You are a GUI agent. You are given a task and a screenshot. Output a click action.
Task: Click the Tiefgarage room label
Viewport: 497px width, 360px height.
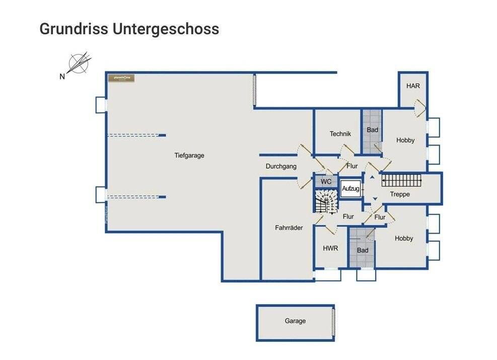coord(189,156)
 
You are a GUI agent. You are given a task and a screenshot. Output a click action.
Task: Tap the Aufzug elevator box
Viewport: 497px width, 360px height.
coord(350,189)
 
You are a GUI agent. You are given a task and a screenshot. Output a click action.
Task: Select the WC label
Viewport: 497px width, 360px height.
coord(326,181)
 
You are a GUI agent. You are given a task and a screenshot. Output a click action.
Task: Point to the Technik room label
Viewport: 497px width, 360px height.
coord(340,134)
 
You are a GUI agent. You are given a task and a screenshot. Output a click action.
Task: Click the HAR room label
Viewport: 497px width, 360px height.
coord(413,86)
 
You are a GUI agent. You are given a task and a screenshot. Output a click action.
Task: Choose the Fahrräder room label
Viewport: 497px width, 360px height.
coord(289,228)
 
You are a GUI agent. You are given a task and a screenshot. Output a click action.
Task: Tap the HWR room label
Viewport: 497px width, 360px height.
coord(330,249)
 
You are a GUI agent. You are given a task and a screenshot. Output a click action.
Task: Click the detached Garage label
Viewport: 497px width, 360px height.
coord(295,321)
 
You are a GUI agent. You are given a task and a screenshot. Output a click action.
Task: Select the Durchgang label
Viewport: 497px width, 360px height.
coord(281,167)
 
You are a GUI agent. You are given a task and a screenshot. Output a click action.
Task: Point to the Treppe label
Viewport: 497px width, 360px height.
coord(400,194)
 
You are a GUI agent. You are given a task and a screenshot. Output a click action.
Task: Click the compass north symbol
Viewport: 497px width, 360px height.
coord(79,64)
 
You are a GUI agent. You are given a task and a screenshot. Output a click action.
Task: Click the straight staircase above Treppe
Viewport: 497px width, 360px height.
coord(401,179)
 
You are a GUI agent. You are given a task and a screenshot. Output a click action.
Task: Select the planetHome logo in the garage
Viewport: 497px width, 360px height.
coord(121,78)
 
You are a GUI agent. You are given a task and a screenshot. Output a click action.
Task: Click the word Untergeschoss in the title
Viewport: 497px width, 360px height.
coord(166,29)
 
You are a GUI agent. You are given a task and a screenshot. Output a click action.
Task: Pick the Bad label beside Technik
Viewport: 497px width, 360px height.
coord(372,130)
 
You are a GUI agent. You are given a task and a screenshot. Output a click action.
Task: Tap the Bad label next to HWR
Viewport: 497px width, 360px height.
coord(363,250)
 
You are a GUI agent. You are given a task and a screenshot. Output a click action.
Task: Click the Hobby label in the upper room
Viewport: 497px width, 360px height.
coord(405,140)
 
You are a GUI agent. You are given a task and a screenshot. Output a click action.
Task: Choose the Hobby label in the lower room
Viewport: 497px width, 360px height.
coord(404,239)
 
